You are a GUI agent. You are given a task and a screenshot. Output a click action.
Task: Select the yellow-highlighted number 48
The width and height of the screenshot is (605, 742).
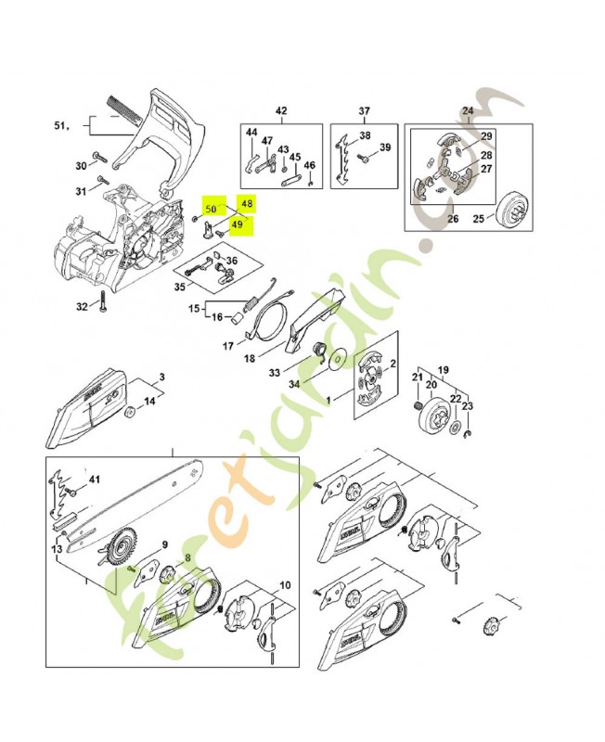246,202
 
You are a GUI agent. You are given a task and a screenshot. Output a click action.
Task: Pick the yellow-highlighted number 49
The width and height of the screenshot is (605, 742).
237,224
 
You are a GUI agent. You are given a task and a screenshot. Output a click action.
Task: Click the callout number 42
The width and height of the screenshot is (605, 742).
281,111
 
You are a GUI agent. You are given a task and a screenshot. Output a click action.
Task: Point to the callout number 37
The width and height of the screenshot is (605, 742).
365,111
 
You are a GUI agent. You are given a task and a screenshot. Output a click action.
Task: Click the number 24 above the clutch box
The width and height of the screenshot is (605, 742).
467,111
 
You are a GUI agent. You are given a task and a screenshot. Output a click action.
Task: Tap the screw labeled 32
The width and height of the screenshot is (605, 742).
105,305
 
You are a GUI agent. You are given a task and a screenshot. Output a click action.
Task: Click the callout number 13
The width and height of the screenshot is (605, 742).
58,550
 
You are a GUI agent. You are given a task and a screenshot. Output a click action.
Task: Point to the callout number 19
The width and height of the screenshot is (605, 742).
443,368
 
